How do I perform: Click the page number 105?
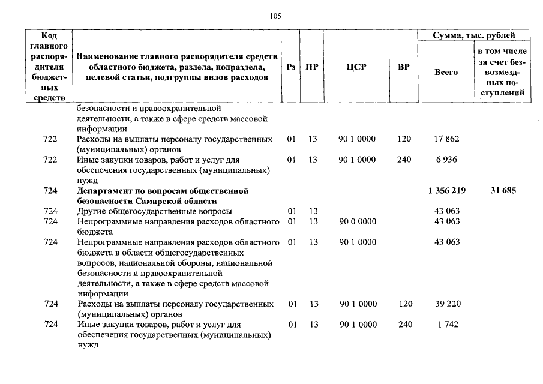pyautogui.click(x=275, y=16)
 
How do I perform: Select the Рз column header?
pyautogui.click(x=291, y=67)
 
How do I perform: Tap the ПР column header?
pyautogui.click(x=311, y=67)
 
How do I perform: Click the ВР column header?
pyautogui.click(x=404, y=67)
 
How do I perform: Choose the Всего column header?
pyautogui.click(x=446, y=72)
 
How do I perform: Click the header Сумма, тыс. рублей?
pyautogui.click(x=474, y=36)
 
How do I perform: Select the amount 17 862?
pyautogui.click(x=446, y=139)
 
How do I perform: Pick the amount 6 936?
pyautogui.click(x=446, y=160)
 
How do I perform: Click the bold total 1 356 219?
pyautogui.click(x=446, y=191)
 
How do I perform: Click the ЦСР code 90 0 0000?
pyautogui.click(x=358, y=221)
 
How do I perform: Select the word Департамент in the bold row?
pyautogui.click(x=101, y=191)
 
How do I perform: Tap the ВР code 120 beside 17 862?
pyautogui.click(x=404, y=139)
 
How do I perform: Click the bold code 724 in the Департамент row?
pyautogui.click(x=50, y=191)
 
